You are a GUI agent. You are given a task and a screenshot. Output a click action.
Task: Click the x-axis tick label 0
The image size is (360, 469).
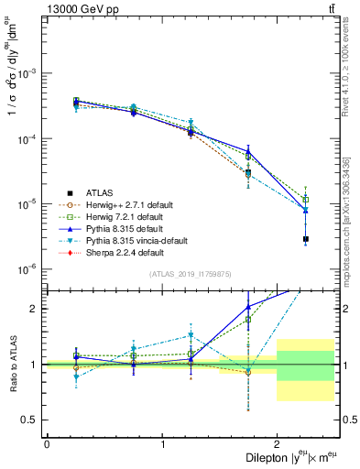(47, 444)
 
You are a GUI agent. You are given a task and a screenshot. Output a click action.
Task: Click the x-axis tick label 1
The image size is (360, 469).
(162, 444)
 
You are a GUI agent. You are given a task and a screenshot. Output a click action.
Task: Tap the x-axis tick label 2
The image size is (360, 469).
(278, 444)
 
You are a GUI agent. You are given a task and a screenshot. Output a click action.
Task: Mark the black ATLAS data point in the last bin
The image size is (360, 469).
(306, 239)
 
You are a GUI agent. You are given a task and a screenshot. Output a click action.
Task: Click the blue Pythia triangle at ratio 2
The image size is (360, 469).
(248, 307)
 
